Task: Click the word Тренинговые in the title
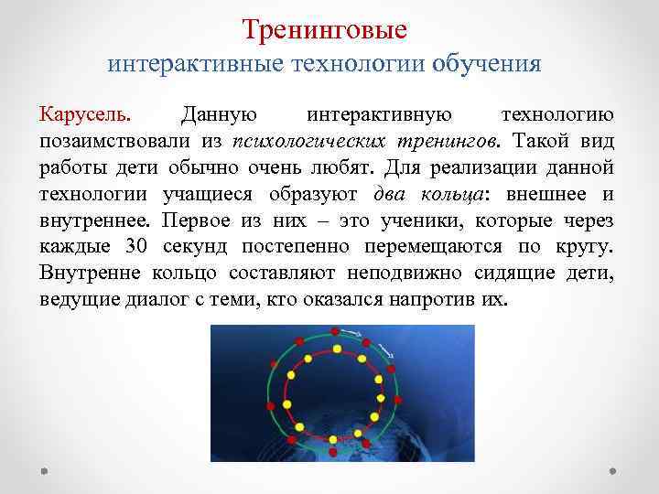point(325,30)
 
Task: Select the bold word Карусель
point(85,116)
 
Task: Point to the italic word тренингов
point(449,142)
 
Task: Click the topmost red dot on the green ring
point(335,329)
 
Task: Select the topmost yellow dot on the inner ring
point(337,349)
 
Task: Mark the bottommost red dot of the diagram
point(332,452)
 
